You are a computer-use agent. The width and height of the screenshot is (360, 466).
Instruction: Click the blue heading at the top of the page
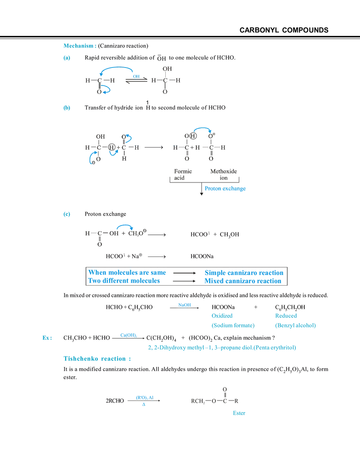pos(80,46)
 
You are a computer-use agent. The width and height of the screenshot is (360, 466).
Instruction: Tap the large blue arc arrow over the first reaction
pos(117,68)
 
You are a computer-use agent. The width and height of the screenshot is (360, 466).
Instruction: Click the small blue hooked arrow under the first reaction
pos(107,90)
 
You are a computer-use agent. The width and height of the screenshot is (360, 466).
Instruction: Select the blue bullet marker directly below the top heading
pos(67,58)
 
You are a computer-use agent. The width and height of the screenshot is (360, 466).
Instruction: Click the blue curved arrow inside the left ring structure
pos(115,152)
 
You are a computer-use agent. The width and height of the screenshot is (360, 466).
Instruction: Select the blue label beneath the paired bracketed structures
pos(225,189)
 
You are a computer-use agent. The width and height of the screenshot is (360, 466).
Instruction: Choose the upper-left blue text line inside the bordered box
pos(127,272)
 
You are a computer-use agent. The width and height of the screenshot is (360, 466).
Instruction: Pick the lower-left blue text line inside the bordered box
pos(124,281)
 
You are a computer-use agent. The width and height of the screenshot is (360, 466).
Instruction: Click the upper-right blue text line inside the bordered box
pos(243,272)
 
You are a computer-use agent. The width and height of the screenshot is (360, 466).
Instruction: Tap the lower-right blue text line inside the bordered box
pos(243,281)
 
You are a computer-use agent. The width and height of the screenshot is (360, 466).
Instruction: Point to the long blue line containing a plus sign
pos(222,348)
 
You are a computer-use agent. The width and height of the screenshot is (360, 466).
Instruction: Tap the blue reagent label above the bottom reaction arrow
pos(144,397)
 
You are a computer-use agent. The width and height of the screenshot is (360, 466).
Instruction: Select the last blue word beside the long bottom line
pos(239,414)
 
